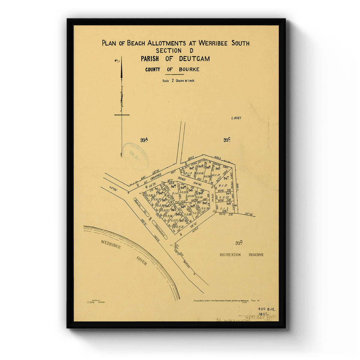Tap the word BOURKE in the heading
click(x=189, y=70)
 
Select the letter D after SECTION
click(x=191, y=51)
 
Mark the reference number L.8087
click(x=236, y=118)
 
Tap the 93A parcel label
click(x=144, y=140)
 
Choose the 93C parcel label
click(x=226, y=140)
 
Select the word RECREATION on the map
click(x=230, y=255)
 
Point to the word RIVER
click(x=142, y=261)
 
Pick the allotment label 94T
click(x=226, y=178)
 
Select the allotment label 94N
click(x=173, y=186)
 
